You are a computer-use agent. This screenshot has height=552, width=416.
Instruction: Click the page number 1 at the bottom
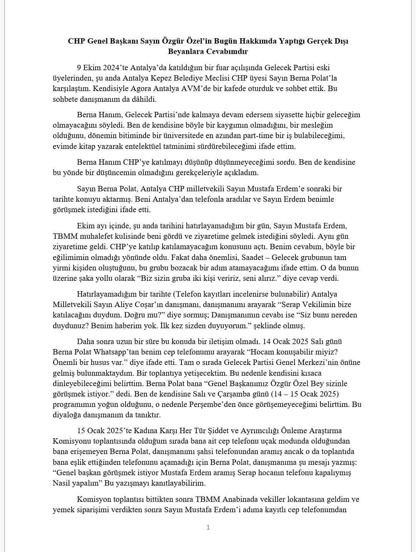tap(208, 527)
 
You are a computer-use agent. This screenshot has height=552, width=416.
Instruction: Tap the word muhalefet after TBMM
tap(91, 236)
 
